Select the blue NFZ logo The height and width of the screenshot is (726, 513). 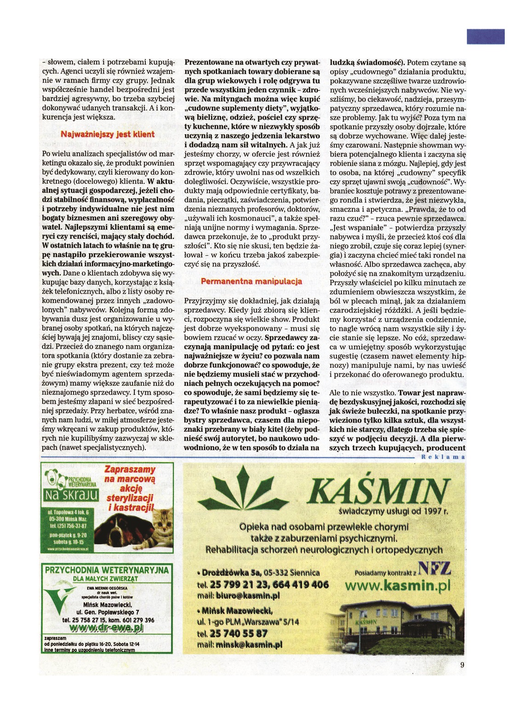(434, 570)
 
